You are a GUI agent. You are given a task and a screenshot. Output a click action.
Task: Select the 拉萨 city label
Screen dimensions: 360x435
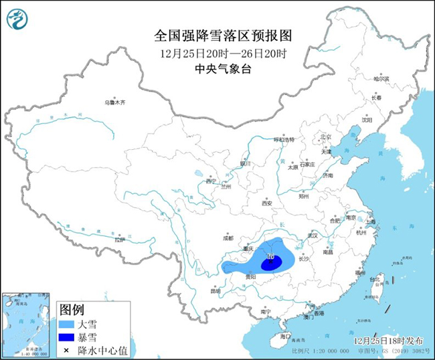pyautogui.click(x=118, y=240)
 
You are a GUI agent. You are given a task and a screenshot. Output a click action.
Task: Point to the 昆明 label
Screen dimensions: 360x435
pyautogui.click(x=215, y=291)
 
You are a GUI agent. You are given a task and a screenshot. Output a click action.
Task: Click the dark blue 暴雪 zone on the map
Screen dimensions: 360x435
pyautogui.click(x=271, y=263)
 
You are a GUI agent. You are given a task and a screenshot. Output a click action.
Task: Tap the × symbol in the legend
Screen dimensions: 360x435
pyautogui.click(x=66, y=349)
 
